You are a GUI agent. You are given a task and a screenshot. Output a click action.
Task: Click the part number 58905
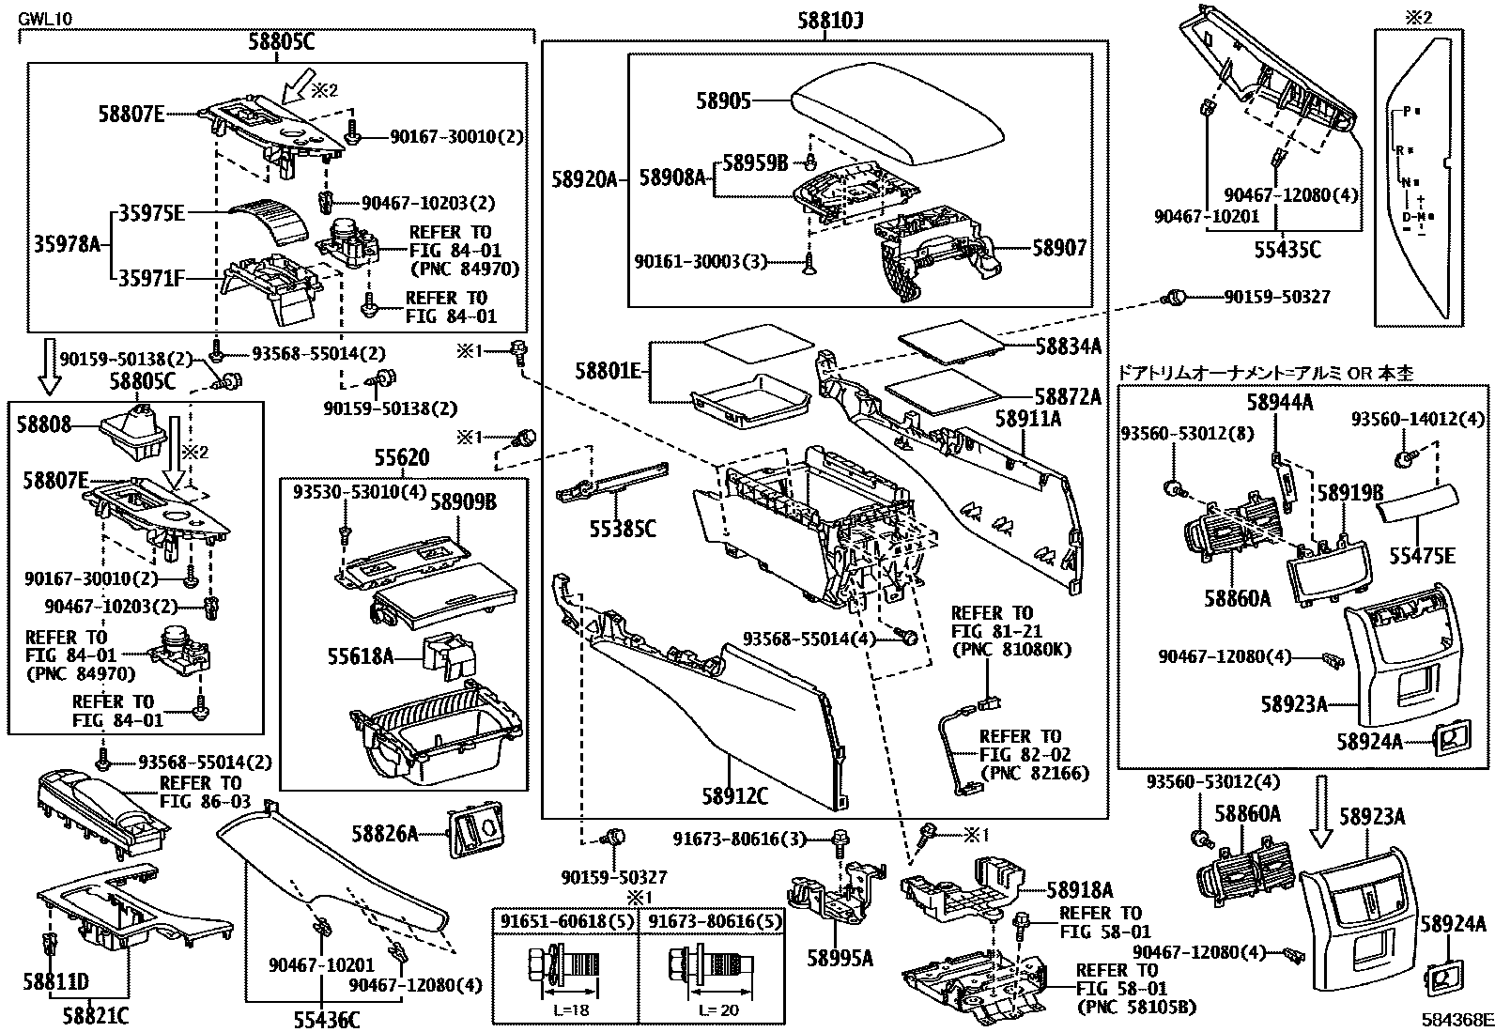(723, 100)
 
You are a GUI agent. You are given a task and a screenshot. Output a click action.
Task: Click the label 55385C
(623, 529)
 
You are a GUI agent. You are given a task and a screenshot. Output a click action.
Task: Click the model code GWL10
(44, 17)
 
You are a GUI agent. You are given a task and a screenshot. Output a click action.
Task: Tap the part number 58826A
(385, 832)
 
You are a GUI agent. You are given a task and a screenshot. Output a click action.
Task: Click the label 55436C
(321, 1018)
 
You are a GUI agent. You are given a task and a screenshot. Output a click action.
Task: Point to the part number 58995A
(840, 958)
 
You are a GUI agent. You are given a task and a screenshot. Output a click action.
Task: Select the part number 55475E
(1422, 556)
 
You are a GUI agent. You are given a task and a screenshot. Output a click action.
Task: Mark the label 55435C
(1287, 250)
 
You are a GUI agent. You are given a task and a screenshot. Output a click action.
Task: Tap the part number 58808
(43, 424)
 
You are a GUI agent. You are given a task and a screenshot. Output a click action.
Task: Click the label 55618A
(362, 655)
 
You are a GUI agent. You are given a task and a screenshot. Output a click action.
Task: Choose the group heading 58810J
(825, 21)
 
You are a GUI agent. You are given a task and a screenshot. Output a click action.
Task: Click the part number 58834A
(1068, 346)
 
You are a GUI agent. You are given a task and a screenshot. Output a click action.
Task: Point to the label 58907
(1059, 248)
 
